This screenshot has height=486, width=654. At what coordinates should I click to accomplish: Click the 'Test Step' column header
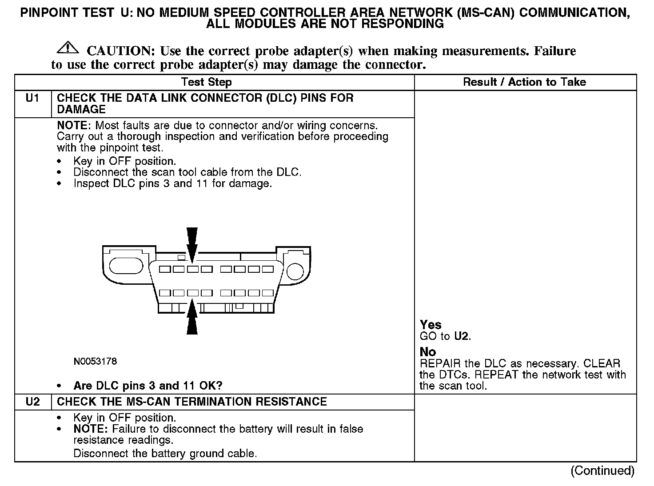coord(207,82)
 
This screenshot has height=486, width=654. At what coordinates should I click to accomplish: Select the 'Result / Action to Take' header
coord(524,82)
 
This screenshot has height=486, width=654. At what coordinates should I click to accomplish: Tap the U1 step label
coord(33,98)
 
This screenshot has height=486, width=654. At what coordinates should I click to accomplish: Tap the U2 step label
coord(33,402)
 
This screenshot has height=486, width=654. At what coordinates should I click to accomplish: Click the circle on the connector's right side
coord(295,271)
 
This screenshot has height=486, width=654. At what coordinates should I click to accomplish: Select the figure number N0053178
coord(95,362)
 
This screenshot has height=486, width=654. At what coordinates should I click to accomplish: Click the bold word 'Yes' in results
coord(431,325)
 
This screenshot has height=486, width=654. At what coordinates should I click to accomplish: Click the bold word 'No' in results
coord(428,352)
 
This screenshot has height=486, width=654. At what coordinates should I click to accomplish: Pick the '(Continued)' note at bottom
coord(602,471)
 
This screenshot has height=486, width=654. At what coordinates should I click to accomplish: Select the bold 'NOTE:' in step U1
coord(75,126)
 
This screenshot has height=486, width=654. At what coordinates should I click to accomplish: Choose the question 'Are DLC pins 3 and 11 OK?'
coord(148,386)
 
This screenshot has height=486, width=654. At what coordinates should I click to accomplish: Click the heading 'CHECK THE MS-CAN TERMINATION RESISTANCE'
coord(192,402)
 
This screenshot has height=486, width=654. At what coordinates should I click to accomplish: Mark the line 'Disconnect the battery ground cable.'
coord(165,454)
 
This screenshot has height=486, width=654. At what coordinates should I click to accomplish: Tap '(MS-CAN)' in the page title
coord(486,13)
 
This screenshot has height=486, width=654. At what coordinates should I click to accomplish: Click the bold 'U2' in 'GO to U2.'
coord(462,336)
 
